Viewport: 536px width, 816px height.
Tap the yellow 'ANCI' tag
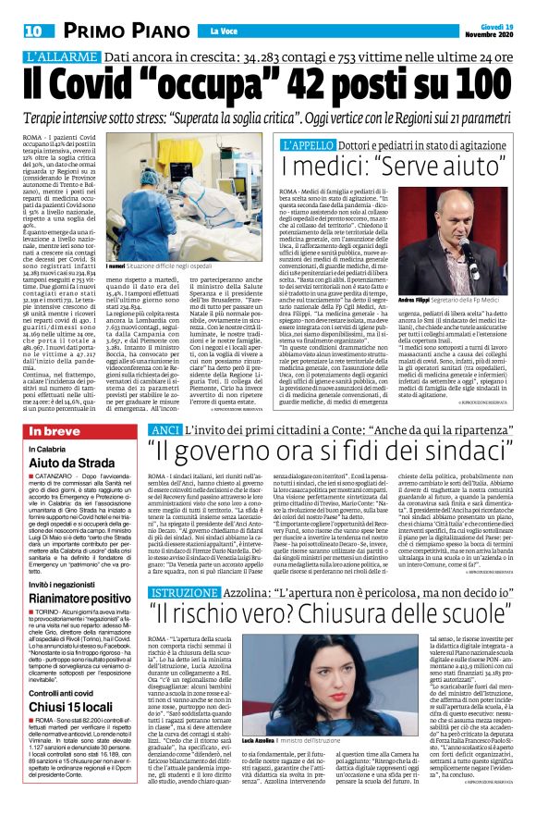164,430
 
